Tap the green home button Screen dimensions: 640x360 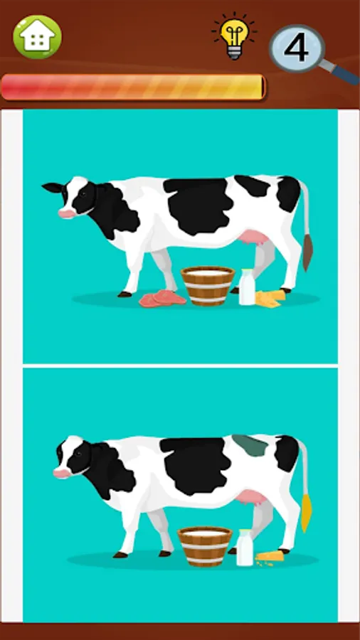(x=38, y=36)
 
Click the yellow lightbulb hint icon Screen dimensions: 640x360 (x=233, y=37)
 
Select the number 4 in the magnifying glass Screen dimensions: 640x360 (x=296, y=48)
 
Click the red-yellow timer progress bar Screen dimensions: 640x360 (x=132, y=87)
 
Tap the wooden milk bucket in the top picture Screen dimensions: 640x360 (x=208, y=284)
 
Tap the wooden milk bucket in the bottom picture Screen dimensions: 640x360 (x=205, y=545)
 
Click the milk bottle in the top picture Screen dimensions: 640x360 (x=247, y=287)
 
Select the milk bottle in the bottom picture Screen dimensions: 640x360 (x=245, y=548)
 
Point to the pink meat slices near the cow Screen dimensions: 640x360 (x=162, y=299)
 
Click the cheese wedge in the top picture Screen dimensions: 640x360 (x=270, y=299)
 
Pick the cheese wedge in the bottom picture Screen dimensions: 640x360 (x=270, y=556)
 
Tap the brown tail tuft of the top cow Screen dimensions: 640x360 (x=307, y=252)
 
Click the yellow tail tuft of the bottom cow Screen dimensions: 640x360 (x=306, y=513)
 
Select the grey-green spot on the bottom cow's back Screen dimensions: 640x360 (x=250, y=446)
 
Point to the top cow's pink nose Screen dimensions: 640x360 (x=65, y=212)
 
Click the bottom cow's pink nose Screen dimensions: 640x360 (x=62, y=471)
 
